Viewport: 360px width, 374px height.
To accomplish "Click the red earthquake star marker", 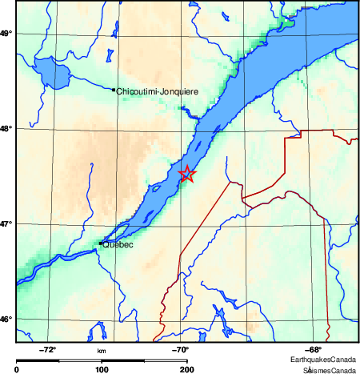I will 186,174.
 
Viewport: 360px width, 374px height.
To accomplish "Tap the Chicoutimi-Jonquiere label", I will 157,92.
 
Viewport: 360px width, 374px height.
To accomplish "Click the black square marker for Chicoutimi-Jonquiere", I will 114,90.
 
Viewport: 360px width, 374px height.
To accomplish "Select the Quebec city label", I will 118,245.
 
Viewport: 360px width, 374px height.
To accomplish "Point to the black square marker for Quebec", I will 100,243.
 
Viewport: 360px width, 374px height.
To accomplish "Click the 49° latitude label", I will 6,33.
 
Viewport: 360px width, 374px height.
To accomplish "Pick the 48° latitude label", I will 6,128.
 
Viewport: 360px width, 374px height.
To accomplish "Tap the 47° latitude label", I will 6,223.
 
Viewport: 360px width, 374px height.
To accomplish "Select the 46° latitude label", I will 6,319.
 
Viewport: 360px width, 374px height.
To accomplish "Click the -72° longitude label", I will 48,349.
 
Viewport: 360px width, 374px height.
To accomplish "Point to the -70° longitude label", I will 180,349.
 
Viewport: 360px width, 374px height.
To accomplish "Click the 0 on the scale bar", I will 18,369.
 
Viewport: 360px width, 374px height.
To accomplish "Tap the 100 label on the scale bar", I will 102,369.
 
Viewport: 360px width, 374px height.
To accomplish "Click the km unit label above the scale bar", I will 102,351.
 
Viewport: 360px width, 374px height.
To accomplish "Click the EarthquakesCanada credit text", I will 324,359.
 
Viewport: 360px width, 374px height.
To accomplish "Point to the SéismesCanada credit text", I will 328,369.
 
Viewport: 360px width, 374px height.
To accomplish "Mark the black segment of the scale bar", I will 60,360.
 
